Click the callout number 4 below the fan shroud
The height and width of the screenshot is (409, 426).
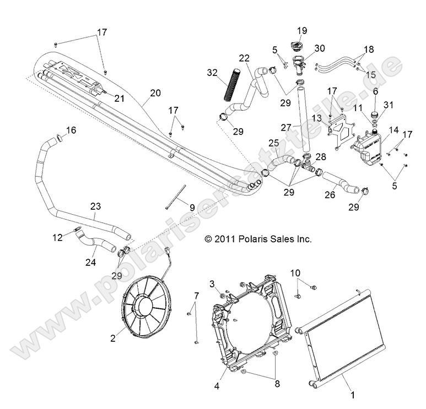(x=217, y=385)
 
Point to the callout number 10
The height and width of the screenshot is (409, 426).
(x=295, y=272)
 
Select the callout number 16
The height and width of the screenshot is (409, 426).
(x=72, y=130)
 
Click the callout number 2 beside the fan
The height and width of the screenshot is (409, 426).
(x=113, y=339)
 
